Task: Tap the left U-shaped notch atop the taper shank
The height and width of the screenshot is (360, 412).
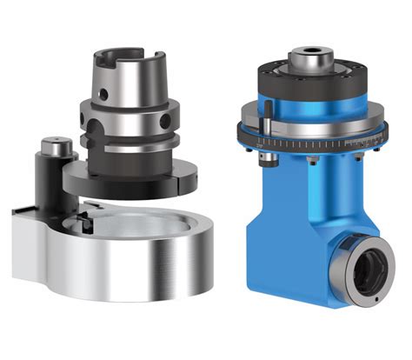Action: click(108, 62)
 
